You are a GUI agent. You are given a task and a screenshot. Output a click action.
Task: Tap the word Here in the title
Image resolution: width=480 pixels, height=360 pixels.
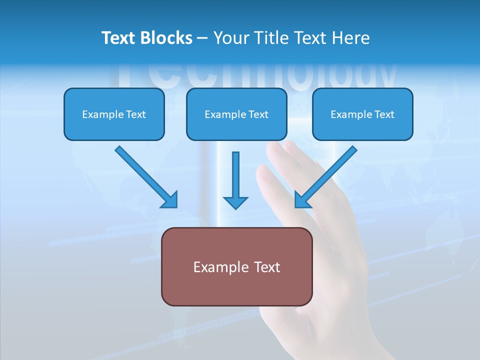(350, 38)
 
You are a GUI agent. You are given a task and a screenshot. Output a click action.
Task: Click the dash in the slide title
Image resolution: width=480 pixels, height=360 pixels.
(202, 38)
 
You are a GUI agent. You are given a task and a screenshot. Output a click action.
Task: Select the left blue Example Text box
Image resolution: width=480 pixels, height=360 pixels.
(114, 114)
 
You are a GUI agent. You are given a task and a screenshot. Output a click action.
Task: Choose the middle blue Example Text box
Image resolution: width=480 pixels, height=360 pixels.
(236, 114)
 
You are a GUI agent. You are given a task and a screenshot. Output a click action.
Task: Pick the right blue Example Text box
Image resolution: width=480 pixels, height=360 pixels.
(362, 114)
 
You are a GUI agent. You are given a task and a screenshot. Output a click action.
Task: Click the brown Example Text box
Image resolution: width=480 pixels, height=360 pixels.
(236, 266)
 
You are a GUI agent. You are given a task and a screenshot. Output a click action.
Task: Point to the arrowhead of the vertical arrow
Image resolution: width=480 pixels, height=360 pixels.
(235, 202)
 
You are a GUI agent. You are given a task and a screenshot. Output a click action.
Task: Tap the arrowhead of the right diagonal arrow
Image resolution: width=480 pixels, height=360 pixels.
(301, 200)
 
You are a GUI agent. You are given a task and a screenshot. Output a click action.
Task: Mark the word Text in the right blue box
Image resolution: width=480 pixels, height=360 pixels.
(384, 114)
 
